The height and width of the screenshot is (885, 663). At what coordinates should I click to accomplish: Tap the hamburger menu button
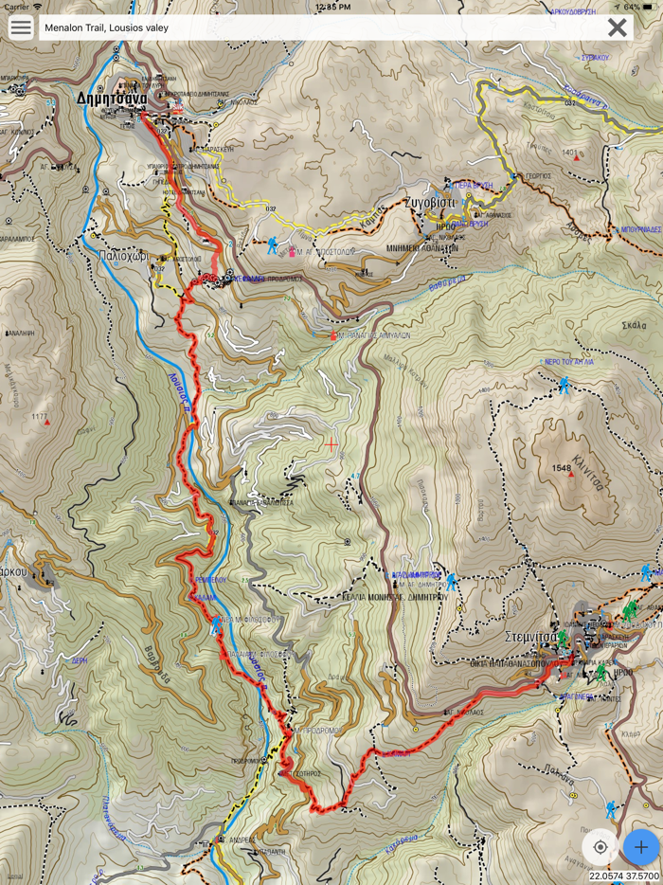20,27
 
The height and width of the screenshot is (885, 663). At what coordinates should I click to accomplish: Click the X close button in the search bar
618,27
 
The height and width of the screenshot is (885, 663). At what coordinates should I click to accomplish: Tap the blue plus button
641,846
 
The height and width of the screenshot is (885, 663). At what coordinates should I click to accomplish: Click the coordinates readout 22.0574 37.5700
624,876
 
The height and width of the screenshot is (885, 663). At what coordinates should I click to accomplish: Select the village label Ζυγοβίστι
430,202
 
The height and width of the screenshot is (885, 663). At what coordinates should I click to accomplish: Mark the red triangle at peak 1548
570,473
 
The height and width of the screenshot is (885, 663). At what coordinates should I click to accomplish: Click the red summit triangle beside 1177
46,423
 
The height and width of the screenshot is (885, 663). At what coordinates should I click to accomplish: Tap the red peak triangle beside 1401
577,157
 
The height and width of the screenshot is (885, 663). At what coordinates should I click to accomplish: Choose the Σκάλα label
634,325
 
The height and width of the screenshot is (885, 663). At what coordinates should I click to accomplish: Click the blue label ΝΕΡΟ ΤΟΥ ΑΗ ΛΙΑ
565,362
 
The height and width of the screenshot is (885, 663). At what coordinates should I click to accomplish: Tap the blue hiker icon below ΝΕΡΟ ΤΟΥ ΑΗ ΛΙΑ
564,385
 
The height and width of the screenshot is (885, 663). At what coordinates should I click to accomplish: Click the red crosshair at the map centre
331,442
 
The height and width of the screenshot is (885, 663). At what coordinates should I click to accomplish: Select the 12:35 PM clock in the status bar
331,7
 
